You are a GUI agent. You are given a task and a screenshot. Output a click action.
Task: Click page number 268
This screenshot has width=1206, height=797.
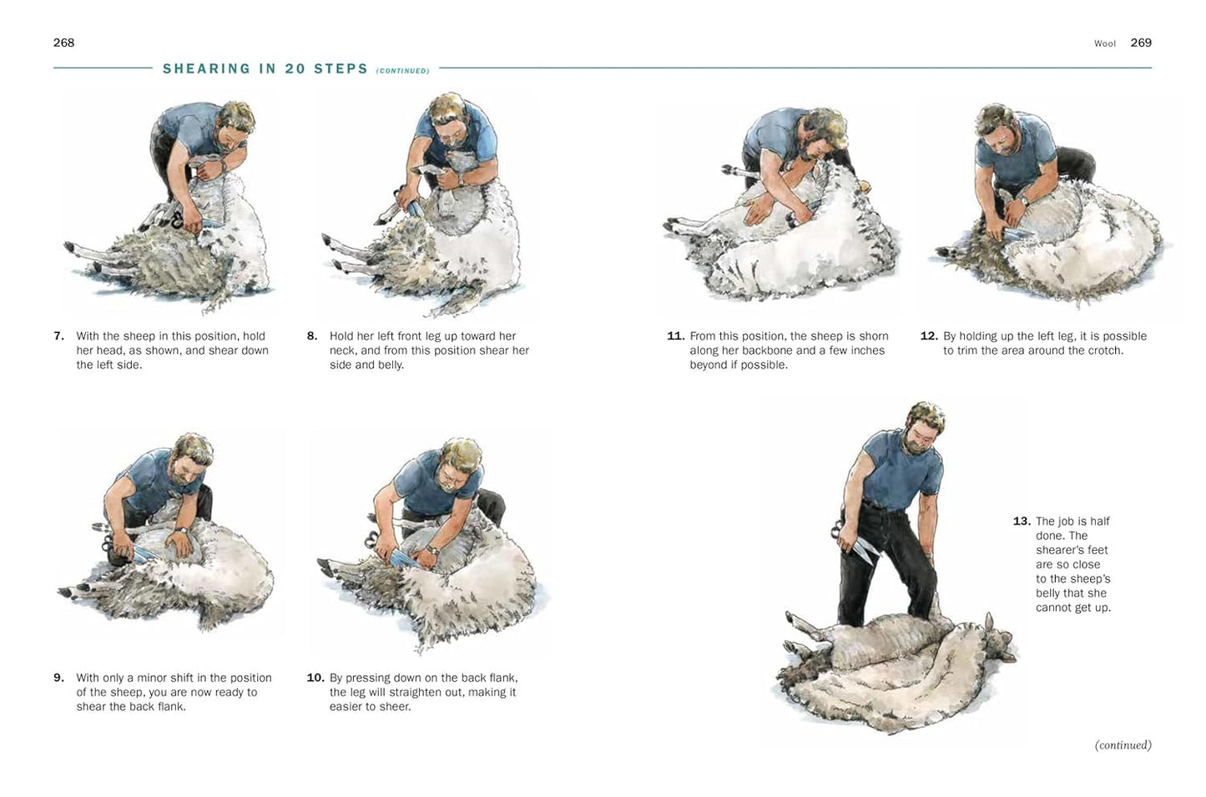click(x=63, y=43)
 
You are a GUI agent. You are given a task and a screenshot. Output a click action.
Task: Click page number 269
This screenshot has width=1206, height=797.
click(x=1141, y=43)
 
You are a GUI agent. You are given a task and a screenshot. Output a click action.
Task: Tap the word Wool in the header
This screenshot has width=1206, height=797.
click(x=1104, y=43)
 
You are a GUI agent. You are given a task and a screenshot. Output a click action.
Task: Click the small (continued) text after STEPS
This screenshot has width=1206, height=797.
click(x=402, y=71)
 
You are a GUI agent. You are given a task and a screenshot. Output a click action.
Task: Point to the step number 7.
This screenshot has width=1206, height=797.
click(x=58, y=336)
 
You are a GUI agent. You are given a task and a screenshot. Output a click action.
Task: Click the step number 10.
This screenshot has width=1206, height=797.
click(x=315, y=678)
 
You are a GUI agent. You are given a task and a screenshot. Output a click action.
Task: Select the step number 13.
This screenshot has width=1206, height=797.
click(x=1021, y=522)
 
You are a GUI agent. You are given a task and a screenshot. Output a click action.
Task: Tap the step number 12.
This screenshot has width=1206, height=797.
click(x=928, y=336)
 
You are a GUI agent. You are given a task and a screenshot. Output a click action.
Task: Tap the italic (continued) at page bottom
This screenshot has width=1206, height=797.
click(x=1123, y=745)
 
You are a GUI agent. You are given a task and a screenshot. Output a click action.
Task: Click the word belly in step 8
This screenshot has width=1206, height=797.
click(x=388, y=365)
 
